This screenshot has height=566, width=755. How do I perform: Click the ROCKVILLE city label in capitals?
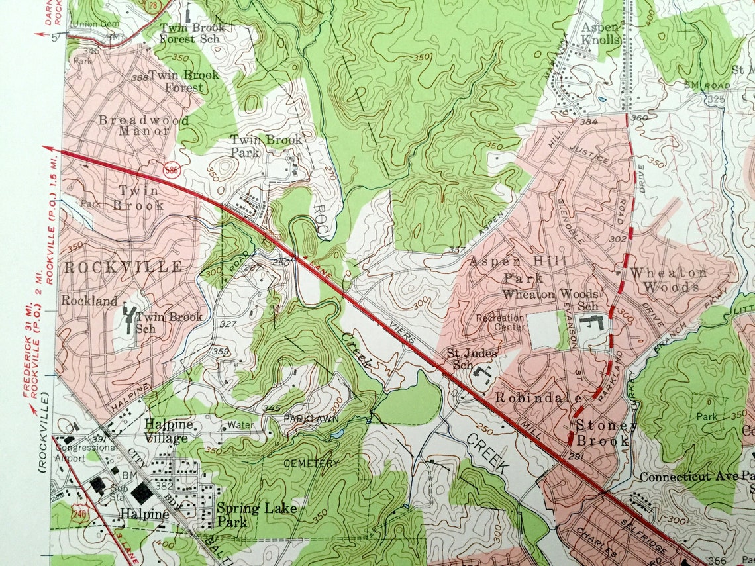click(x=123, y=267)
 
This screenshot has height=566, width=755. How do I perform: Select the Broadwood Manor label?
click(x=143, y=125)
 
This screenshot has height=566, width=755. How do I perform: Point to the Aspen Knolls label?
click(x=601, y=33)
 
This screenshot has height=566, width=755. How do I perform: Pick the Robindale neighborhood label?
click(x=539, y=399)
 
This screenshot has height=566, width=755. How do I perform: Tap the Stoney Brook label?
click(x=602, y=433)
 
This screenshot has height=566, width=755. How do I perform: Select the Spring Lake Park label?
click(x=257, y=515)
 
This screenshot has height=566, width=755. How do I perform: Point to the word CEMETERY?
click(x=311, y=463)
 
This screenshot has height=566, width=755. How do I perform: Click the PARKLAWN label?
click(x=311, y=419)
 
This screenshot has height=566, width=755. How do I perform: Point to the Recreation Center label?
click(x=500, y=323)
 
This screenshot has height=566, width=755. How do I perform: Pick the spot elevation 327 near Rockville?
click(x=228, y=324)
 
